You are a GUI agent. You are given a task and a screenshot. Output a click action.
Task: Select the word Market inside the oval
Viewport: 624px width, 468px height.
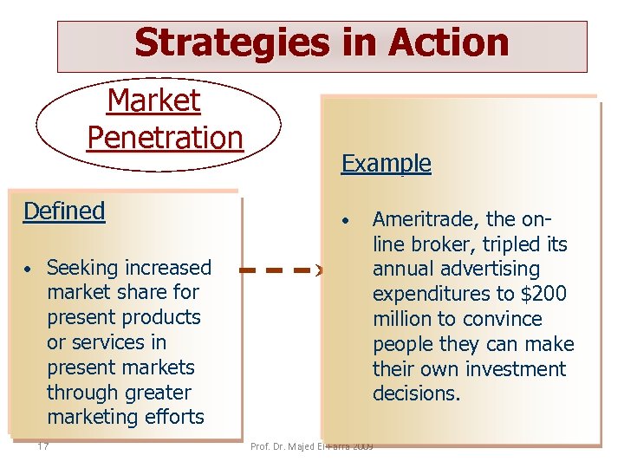coord(153,101)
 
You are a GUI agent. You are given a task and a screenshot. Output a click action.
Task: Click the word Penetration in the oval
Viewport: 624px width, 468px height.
coord(165,137)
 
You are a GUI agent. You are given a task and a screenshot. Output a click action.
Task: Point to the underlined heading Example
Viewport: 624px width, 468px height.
coord(386,163)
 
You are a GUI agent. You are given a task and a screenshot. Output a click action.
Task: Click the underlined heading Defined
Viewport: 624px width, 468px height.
coord(64,211)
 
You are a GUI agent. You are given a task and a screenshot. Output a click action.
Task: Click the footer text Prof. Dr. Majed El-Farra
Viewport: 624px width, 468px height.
coord(311,446)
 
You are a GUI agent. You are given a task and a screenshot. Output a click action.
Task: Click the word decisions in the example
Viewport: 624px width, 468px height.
coord(414,394)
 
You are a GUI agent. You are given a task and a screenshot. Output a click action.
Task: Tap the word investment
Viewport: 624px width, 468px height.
coord(515,369)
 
